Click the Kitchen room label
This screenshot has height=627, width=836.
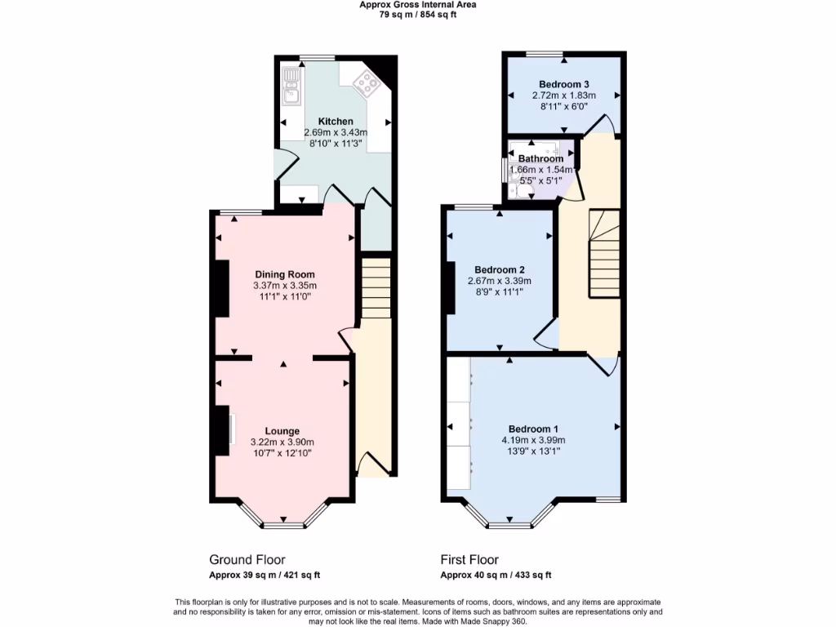pos(336,121)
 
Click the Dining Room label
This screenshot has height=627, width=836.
pos(284,274)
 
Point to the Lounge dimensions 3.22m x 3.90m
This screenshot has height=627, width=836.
pos(282,442)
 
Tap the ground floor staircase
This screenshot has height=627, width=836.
pos(376,287)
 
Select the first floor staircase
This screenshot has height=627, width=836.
pos(605,253)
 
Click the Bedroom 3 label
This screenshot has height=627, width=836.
pos(564,84)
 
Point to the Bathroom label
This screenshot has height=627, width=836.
pos(540,158)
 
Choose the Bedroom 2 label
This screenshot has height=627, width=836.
pos(500,270)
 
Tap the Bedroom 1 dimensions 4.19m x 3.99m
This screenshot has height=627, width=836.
pos(534,440)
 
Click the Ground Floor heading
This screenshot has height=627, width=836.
pos(247,560)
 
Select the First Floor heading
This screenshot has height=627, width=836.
pos(469,560)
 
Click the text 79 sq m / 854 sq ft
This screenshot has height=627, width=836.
pos(417,14)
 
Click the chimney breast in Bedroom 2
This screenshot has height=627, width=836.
pos(451,287)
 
